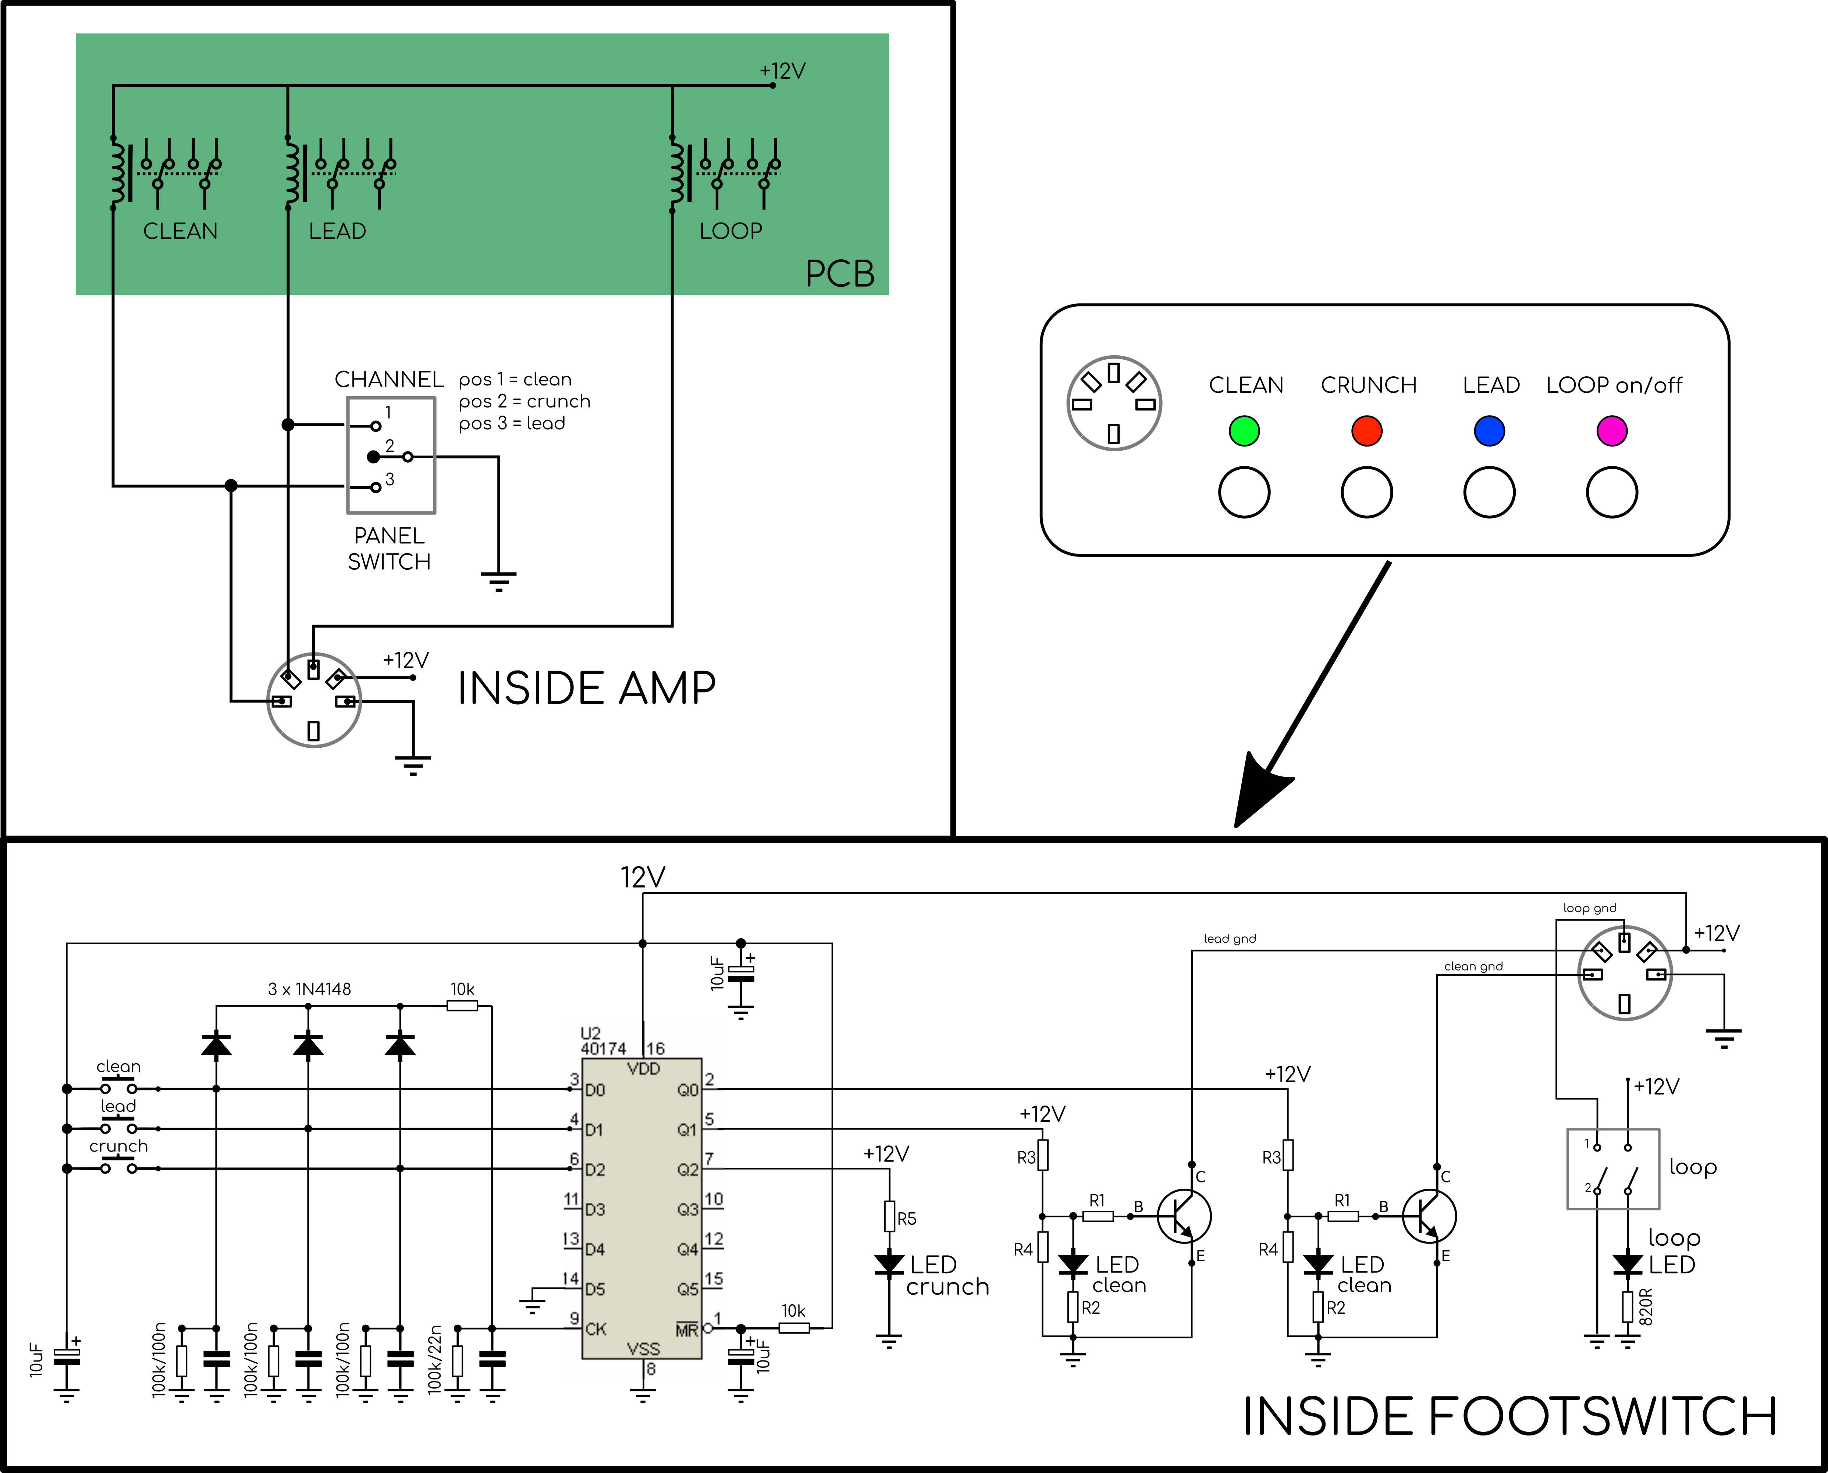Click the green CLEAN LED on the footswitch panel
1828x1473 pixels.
(x=1244, y=430)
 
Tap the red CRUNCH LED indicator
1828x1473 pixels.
(x=1366, y=430)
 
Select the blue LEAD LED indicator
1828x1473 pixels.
(x=1489, y=430)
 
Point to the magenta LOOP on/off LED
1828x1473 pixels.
(x=1612, y=430)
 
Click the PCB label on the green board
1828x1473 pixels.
(x=839, y=273)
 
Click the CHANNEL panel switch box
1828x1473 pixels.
(x=391, y=456)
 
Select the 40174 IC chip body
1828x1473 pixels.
(x=641, y=1208)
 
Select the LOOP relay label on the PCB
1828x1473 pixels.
(x=731, y=231)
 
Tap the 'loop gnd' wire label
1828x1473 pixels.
(x=1590, y=908)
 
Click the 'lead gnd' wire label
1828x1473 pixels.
(x=1230, y=939)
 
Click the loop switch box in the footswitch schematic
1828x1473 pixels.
(x=1612, y=1168)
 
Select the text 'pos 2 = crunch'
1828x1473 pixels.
(x=524, y=401)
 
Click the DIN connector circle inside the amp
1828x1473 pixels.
(x=314, y=700)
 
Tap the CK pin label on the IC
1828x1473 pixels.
(x=596, y=1329)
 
